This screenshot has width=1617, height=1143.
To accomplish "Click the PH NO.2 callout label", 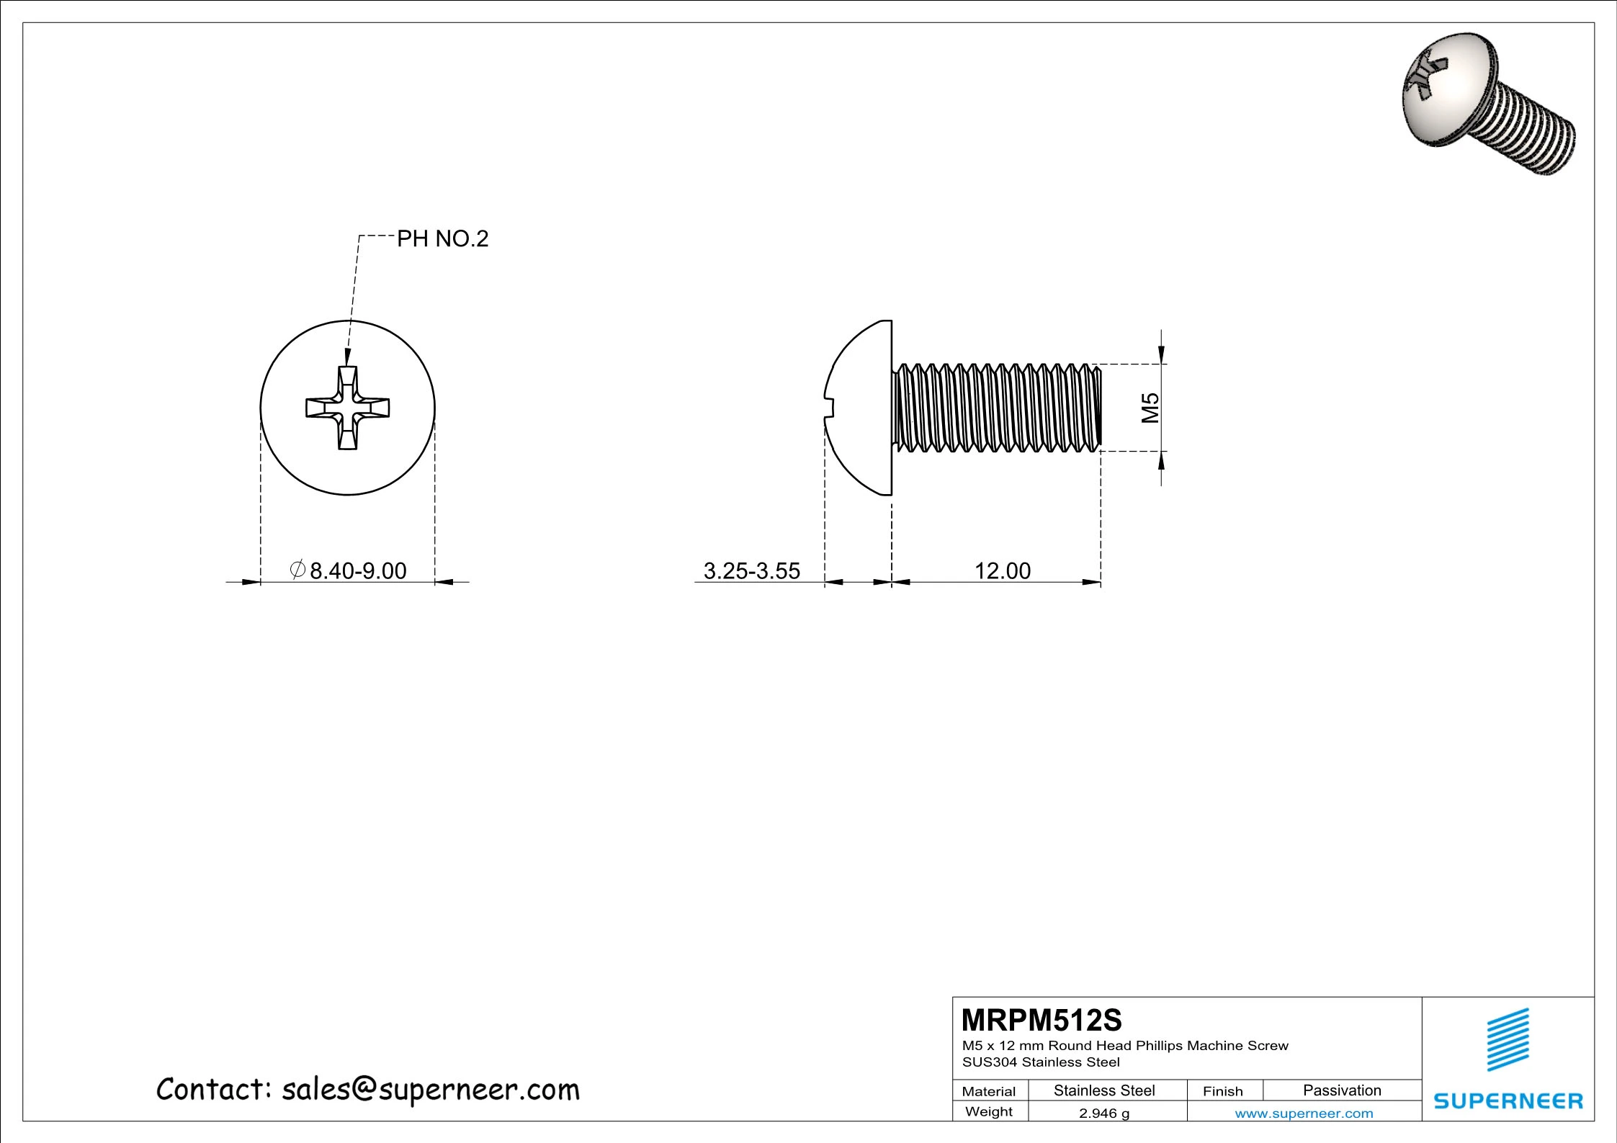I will (x=442, y=238).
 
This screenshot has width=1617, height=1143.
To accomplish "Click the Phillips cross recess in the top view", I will (x=348, y=408).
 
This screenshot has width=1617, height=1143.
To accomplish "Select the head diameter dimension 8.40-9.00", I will (x=357, y=570).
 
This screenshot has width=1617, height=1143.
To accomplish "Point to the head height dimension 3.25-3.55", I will (x=751, y=570).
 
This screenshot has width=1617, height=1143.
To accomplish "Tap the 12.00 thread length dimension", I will (x=1002, y=570).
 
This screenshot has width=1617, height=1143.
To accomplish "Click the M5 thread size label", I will (x=1150, y=408).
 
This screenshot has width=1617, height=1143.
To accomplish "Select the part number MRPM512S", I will (x=1042, y=1021).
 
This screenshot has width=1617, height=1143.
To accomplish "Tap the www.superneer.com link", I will (x=1304, y=1113).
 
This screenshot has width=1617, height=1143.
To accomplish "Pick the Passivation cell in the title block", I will (x=1342, y=1090).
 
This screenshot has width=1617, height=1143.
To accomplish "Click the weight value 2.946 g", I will (x=1103, y=1113).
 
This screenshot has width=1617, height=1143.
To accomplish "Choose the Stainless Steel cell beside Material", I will (x=1103, y=1090).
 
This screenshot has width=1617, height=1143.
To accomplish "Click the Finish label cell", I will (x=1222, y=1091).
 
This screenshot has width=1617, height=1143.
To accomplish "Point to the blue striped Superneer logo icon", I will (x=1508, y=1040).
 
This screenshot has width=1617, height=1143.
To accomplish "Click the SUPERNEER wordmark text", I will (x=1508, y=1101).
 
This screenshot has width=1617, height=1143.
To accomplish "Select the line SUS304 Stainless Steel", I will (x=1041, y=1062).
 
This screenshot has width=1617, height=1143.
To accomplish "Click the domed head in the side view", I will (x=861, y=408).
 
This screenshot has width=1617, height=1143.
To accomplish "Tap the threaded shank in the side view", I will (x=997, y=408).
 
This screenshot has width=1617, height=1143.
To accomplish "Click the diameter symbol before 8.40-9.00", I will (x=297, y=570).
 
